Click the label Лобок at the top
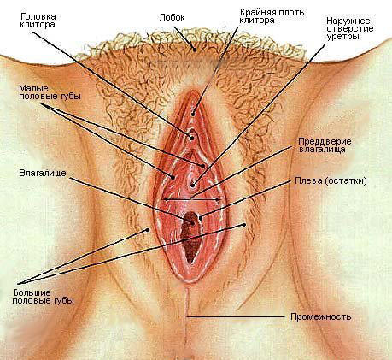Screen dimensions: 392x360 click(x=172, y=18)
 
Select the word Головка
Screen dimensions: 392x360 click(x=38, y=16)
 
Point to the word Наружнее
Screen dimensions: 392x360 click(x=348, y=21)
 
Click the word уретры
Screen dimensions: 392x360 click(x=342, y=37)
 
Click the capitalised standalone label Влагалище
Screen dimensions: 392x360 click(x=43, y=173)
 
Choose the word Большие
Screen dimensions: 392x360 click(x=32, y=292)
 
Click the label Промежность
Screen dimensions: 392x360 click(x=321, y=316)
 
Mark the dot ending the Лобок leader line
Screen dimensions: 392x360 click(x=195, y=50)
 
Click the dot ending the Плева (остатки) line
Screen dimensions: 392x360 click(x=201, y=218)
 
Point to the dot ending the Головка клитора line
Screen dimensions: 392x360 click(x=192, y=139)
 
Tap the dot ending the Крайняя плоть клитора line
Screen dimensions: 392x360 click(x=193, y=115)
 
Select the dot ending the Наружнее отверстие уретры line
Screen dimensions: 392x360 click(x=193, y=185)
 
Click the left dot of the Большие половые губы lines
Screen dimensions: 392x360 click(x=148, y=229)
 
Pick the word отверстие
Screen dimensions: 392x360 click(x=350, y=29)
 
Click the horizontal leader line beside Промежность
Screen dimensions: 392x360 click(x=235, y=316)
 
